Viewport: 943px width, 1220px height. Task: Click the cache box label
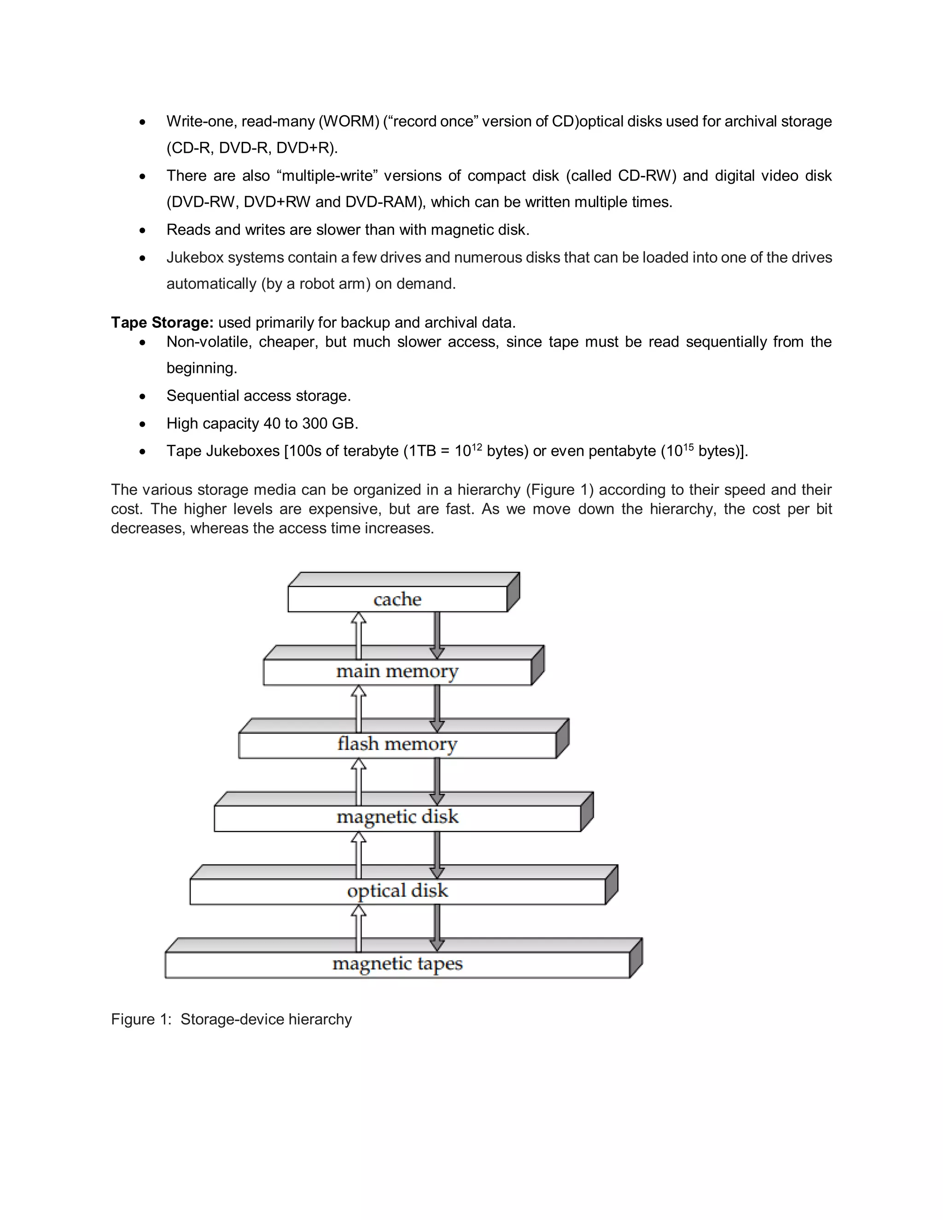pos(397,599)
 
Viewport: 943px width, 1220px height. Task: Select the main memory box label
pos(397,671)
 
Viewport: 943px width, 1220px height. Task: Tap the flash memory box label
pos(397,744)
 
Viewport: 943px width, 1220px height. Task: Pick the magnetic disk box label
pos(397,817)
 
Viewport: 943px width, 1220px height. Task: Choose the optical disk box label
pos(397,890)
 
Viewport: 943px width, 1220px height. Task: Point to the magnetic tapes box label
pos(397,964)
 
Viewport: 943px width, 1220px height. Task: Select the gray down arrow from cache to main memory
pos(437,636)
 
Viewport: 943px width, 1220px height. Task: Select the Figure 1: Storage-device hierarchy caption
pos(231,1019)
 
